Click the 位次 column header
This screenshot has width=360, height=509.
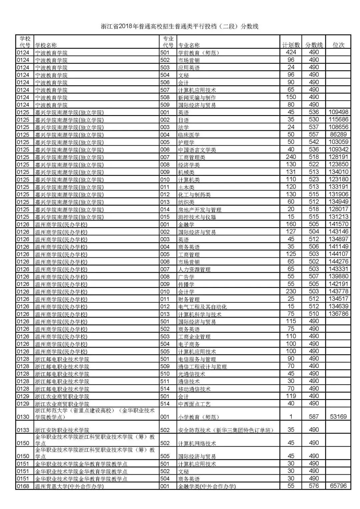338,45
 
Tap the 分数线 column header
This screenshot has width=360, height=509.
314,45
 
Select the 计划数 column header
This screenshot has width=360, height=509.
291,45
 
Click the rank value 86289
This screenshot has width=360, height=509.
338,135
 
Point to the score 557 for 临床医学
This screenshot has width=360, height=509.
314,135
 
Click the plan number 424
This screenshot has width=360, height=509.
291,52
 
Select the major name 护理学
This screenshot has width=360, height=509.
186,142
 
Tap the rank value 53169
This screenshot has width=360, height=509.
338,416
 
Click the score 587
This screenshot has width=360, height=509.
314,416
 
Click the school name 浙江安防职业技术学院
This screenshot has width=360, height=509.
62,430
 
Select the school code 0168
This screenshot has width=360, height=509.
23,486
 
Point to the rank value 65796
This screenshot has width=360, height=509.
338,486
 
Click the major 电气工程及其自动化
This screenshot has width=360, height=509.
202,307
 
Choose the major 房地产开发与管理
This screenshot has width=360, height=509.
200,210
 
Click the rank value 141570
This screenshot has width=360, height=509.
338,224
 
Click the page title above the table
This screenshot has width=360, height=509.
180,27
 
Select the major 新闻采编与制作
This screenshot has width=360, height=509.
197,97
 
